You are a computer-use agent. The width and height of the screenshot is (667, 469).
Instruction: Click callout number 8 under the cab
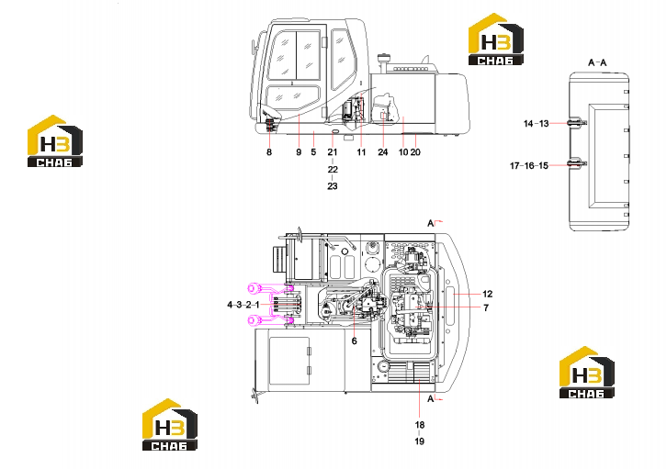(269, 152)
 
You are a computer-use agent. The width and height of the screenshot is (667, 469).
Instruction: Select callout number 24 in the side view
(383, 152)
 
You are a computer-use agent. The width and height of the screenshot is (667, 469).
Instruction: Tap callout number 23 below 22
(333, 186)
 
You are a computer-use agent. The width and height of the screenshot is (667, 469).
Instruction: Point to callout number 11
(361, 152)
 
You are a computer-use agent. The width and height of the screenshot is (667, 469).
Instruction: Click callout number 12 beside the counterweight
(488, 294)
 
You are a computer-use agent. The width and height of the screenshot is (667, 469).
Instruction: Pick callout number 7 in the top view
(486, 307)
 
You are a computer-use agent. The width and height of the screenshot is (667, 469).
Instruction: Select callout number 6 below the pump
(355, 341)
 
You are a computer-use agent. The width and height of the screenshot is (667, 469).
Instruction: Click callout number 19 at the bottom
(420, 441)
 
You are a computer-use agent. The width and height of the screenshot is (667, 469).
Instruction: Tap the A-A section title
(597, 63)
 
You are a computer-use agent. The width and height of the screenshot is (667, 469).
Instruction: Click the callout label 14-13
(537, 124)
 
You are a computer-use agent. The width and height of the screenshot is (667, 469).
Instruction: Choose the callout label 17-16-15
(529, 166)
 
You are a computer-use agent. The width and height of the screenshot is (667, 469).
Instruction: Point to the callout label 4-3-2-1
(243, 305)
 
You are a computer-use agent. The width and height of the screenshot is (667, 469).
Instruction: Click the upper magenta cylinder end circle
(254, 289)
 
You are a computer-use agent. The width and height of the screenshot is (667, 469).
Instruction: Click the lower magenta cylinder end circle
(254, 319)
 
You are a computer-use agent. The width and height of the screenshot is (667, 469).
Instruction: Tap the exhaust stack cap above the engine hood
(384, 57)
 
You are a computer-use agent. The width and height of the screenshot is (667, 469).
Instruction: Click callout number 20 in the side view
(415, 152)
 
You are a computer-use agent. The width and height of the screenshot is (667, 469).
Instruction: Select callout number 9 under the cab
(299, 152)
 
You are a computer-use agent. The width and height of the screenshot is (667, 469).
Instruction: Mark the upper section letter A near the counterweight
(431, 223)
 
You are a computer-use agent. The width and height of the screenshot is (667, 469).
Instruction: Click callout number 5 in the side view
(313, 152)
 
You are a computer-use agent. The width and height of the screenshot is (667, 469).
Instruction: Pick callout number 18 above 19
(420, 425)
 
